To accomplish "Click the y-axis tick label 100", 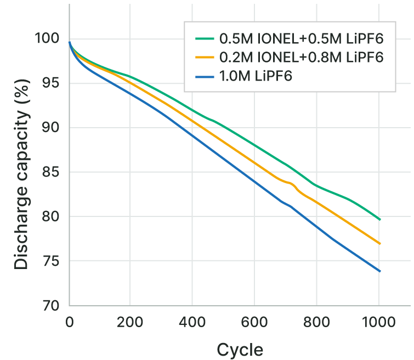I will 46,38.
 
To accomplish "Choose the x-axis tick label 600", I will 254,322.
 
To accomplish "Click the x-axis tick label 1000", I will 378,322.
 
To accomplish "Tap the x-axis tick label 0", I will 69,322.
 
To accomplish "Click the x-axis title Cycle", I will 240,350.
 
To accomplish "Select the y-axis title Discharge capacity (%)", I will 21,172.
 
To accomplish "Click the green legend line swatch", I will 203,39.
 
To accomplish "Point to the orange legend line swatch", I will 203,57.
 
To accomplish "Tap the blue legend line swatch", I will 203,75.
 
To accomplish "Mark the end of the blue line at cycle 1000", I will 379,271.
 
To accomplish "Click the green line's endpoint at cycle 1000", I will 379,219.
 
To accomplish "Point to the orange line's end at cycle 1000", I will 379,243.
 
